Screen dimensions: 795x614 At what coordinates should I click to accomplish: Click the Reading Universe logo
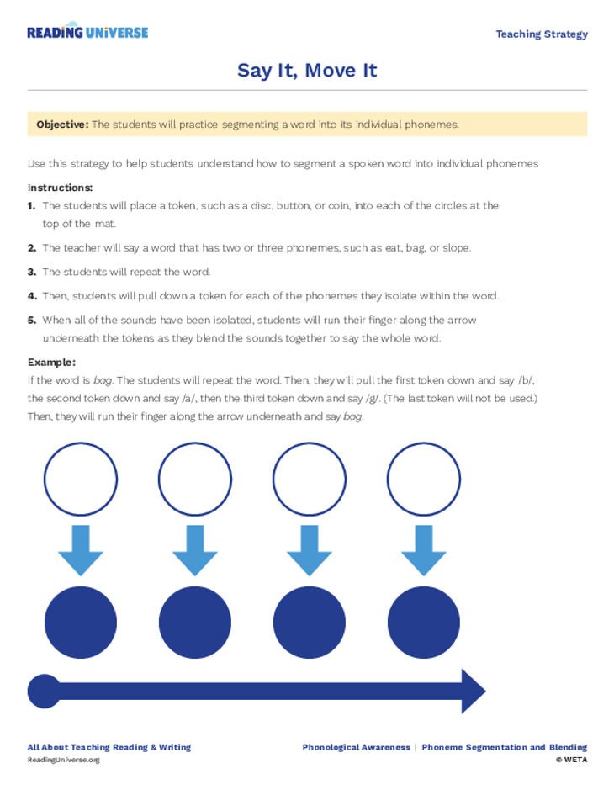point(87,32)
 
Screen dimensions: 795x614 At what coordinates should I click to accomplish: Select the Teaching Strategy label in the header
point(541,34)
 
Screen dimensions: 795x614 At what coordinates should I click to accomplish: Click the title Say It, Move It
point(307,70)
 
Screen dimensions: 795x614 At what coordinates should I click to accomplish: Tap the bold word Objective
point(61,125)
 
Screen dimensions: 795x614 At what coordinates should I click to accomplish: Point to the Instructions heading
point(60,188)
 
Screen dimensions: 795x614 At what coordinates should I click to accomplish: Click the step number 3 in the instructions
point(32,272)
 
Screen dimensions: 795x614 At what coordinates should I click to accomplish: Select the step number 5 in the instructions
point(32,321)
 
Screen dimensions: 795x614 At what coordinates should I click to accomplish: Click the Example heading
point(51,362)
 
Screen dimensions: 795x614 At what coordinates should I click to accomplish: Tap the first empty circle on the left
point(81,479)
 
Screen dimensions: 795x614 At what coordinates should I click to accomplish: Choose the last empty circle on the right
point(423,479)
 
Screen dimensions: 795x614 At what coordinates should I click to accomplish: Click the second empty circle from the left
point(195,479)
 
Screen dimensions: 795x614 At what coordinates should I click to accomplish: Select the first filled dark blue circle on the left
point(81,623)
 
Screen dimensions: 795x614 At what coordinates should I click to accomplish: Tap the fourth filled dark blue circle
point(423,623)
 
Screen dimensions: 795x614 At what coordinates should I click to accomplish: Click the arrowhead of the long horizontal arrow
point(472,692)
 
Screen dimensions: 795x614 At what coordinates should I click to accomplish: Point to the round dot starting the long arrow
point(44,692)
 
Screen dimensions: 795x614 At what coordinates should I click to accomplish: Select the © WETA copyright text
point(571,760)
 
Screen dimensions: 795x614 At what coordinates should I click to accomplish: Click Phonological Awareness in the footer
point(356,747)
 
